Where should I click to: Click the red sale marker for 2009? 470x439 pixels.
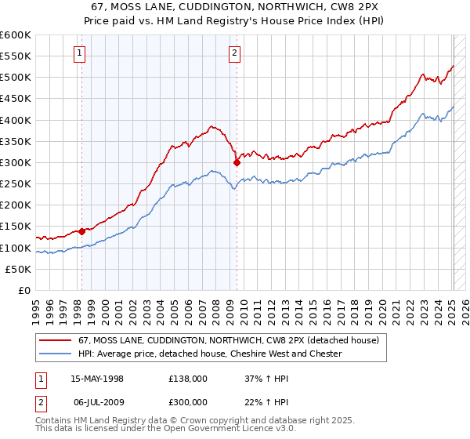tap(237, 163)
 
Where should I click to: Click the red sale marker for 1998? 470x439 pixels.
tap(81, 231)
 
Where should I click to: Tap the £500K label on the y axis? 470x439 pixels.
tap(16, 78)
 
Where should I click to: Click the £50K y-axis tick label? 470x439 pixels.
tap(18, 269)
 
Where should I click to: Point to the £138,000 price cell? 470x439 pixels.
tap(188, 378)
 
